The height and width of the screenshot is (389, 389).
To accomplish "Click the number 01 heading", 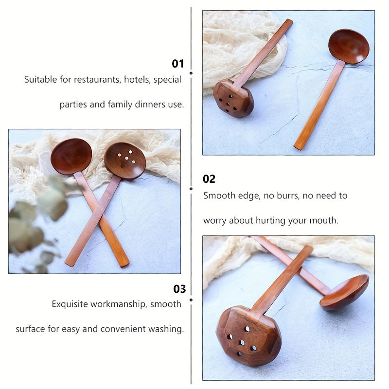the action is (x=178, y=64).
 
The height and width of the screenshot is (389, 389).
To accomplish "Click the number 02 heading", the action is (x=209, y=179).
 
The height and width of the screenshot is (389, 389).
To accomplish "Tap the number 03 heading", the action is (x=179, y=289).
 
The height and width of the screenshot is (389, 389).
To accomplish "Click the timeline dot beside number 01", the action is (x=191, y=73).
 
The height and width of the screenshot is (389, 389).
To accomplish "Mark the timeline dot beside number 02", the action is (x=191, y=189).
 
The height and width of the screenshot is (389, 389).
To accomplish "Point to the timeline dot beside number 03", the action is (x=191, y=300).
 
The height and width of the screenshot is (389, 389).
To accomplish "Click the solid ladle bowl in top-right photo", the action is (x=349, y=46).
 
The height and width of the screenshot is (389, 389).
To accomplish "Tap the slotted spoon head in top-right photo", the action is (x=233, y=99).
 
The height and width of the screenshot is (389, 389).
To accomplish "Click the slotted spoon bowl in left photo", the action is (x=125, y=161).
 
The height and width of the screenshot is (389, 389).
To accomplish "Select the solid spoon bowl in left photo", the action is (x=71, y=156).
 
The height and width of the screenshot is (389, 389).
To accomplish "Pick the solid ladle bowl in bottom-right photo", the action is (x=344, y=292).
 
